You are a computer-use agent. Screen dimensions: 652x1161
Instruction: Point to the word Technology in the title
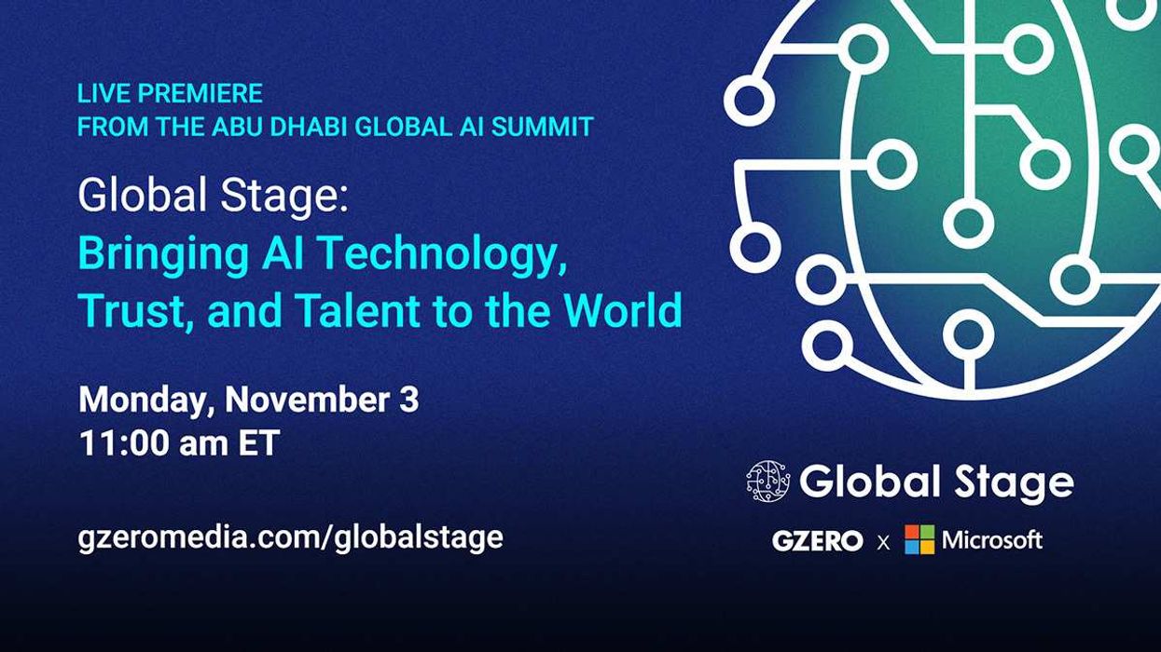458,253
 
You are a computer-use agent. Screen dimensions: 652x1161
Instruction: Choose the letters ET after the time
258,443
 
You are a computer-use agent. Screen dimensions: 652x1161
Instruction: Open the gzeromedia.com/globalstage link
291,537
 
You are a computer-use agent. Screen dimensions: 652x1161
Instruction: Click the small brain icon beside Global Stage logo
767,481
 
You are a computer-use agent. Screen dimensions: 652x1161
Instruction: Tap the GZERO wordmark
817,540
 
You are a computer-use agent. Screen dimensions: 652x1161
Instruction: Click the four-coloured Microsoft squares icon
919,539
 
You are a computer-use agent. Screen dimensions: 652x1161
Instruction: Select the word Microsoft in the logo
992,539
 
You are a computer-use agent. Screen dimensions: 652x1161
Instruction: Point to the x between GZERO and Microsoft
883,541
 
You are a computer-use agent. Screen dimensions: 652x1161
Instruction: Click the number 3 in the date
409,400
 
